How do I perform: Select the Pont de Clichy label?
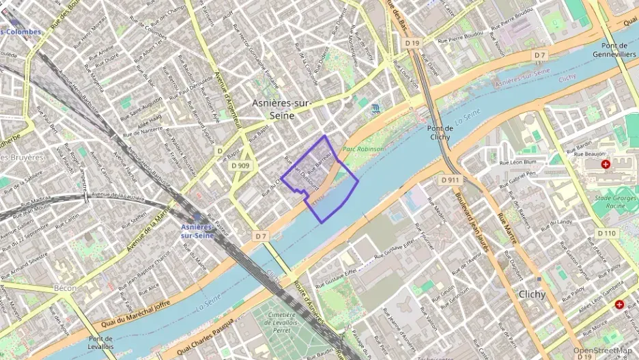click(x=440, y=133)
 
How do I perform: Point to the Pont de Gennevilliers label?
click(x=614, y=49)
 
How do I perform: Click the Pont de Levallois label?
click(x=100, y=343)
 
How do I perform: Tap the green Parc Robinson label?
click(x=363, y=149)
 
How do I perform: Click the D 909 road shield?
click(x=240, y=165)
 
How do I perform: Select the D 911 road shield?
click(x=451, y=180)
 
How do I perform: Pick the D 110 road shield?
click(x=606, y=233)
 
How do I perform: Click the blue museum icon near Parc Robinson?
click(x=376, y=109)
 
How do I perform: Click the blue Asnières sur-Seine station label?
click(x=197, y=231)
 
